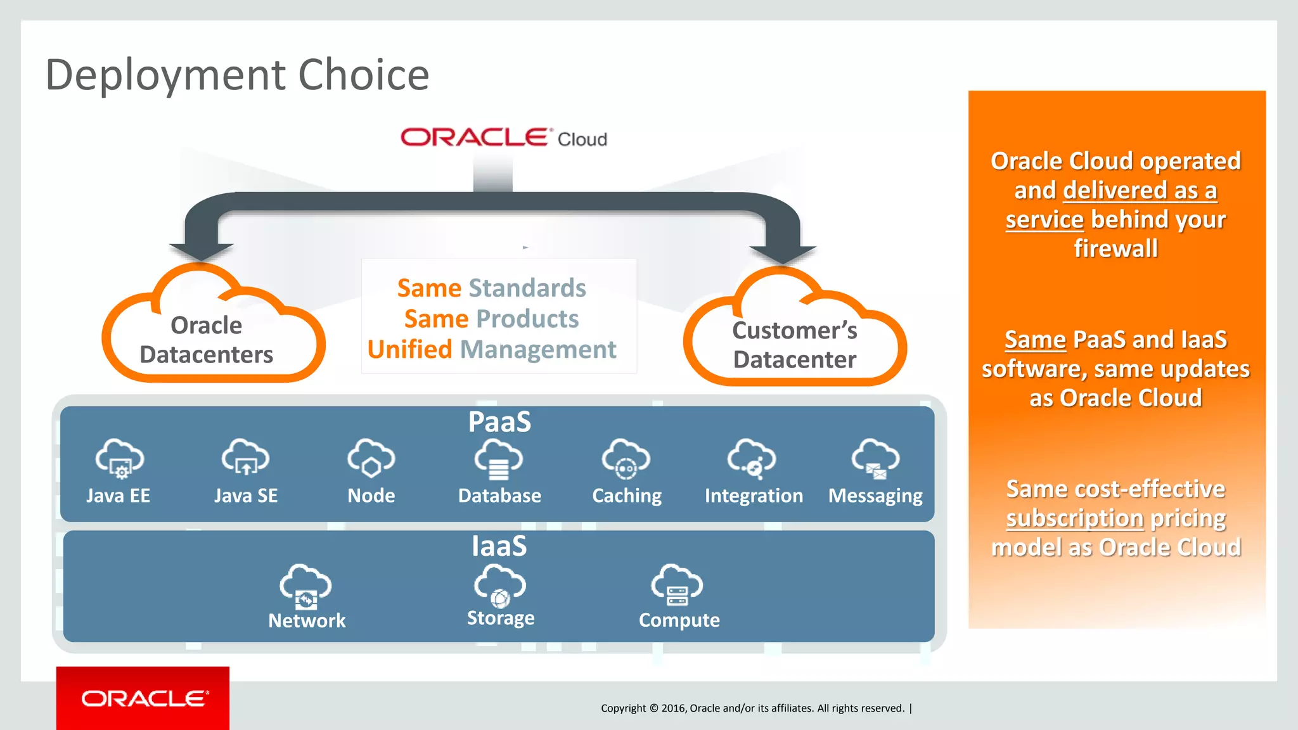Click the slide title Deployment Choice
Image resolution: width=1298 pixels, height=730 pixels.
tap(237, 75)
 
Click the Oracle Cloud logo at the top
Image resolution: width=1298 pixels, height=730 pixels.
tap(503, 138)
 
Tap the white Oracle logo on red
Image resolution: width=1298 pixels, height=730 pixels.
tap(144, 698)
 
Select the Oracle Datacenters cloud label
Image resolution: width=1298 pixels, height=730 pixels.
tap(207, 340)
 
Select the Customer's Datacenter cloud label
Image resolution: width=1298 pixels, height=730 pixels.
tap(795, 345)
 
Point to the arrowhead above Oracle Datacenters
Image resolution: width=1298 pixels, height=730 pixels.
tap(201, 252)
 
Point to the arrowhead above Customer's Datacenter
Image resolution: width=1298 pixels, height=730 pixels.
tap(783, 254)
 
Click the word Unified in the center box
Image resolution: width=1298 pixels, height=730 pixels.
tap(409, 350)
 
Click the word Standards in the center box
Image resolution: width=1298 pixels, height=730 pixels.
tap(527, 288)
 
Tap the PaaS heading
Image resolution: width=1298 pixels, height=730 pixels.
tap(499, 422)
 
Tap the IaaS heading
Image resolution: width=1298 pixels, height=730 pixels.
tap(499, 546)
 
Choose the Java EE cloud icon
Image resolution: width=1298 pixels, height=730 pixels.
tap(119, 458)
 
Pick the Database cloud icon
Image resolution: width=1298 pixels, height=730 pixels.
tap(499, 459)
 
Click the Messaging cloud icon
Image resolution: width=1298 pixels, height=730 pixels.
tap(875, 458)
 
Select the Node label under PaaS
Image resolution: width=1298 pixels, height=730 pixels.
tap(371, 496)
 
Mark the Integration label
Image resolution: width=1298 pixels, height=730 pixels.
tap(754, 496)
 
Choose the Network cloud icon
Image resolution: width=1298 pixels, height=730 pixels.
tap(305, 586)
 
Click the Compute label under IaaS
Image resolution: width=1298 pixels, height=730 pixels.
tap(679, 620)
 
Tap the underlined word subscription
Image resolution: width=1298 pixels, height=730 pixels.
tap(1074, 518)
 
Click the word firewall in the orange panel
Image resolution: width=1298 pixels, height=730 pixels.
tap(1115, 248)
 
